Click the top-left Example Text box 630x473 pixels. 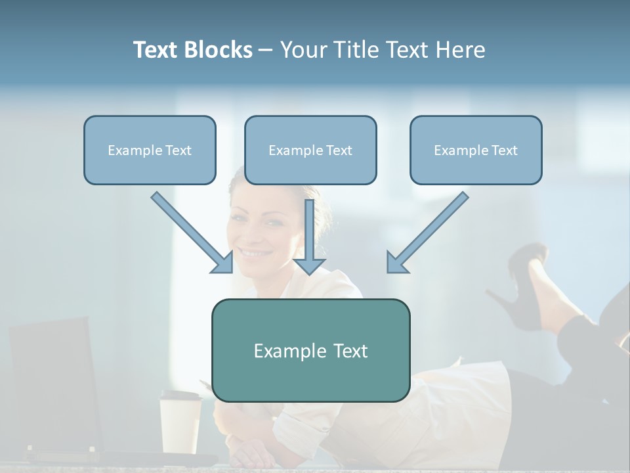pos(150,150)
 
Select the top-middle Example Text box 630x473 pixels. pos(310,150)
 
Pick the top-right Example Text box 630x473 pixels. pos(476,150)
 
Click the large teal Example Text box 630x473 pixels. pos(310,350)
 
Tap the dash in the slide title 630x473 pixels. pos(266,51)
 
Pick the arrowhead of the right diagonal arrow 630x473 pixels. pos(396,263)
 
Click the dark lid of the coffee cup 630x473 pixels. pos(180,396)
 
